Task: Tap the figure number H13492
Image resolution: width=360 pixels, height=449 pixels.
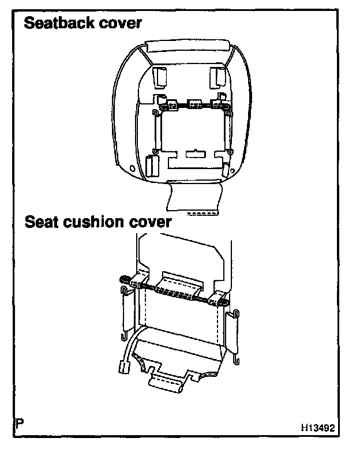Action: [x=318, y=429]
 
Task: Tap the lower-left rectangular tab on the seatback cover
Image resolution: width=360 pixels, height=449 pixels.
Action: [x=153, y=165]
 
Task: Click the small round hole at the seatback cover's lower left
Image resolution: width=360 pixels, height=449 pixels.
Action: [x=134, y=170]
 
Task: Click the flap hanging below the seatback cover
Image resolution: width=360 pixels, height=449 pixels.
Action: [x=193, y=199]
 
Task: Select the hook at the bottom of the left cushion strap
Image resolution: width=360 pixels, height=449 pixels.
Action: [x=125, y=336]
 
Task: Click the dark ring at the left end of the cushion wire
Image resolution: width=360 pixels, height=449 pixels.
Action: [x=123, y=280]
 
